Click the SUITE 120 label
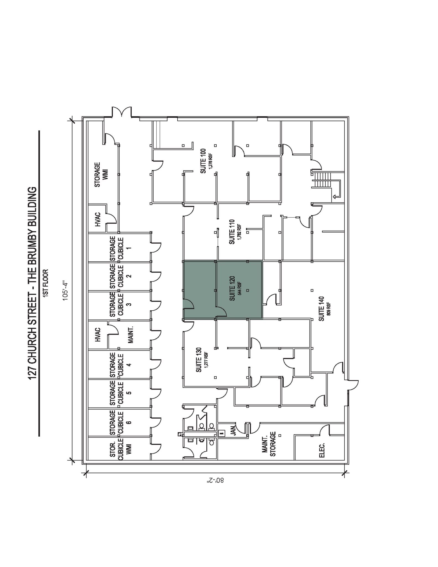pyautogui.click(x=232, y=288)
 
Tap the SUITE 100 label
pyautogui.click(x=203, y=161)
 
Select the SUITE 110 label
pyautogui.click(x=232, y=232)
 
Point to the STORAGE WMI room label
pyautogui.click(x=101, y=175)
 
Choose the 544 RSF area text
pyautogui.click(x=240, y=288)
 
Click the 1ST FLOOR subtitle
pyautogui.click(x=46, y=283)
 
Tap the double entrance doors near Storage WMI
pyautogui.click(x=122, y=112)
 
